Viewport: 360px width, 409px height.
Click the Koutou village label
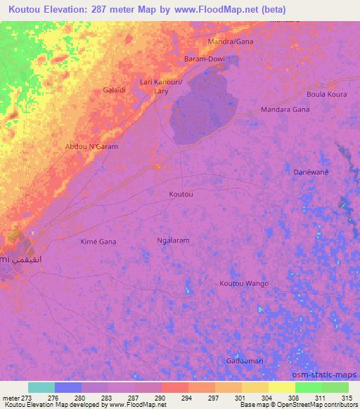181,193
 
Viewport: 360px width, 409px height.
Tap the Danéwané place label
311,171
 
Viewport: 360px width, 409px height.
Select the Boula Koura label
327,94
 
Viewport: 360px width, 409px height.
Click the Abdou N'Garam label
91,146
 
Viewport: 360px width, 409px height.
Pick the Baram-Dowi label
205,59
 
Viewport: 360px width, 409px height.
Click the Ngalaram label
172,240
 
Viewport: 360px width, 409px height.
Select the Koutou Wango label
244,283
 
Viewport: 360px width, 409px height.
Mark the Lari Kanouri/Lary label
161,86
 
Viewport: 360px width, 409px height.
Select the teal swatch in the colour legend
41,387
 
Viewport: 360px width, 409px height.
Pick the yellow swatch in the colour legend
281,387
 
